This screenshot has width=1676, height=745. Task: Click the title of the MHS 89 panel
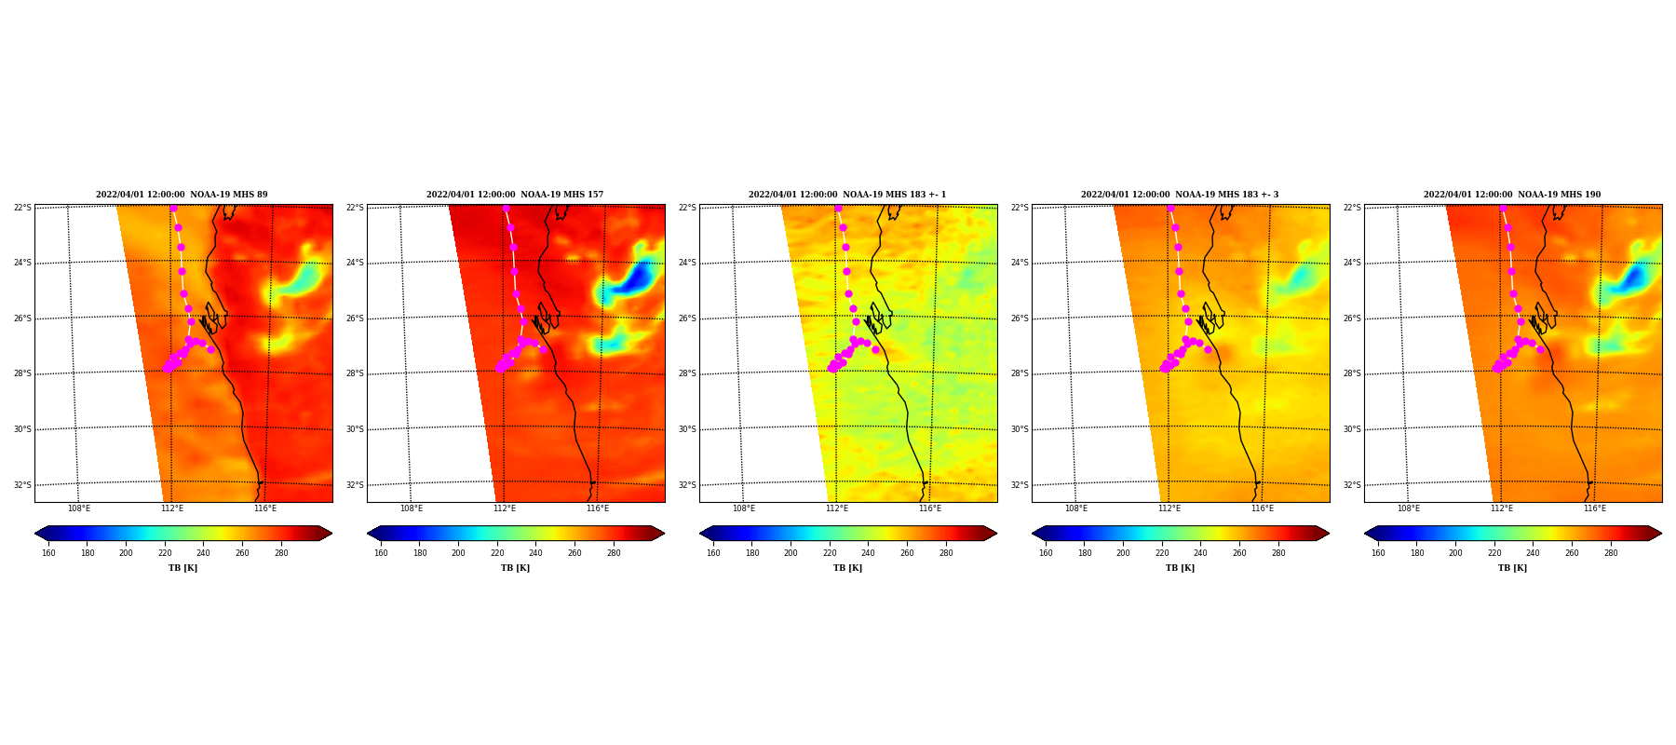tap(182, 195)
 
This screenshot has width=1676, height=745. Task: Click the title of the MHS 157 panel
tap(515, 195)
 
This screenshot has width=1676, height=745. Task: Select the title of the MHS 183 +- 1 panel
tap(847, 195)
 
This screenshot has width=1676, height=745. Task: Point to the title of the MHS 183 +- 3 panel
tap(1180, 195)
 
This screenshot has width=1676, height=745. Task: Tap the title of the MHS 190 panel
tap(1512, 195)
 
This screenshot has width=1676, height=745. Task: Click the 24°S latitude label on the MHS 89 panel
tap(22, 263)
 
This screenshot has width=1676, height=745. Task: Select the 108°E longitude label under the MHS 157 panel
tap(412, 508)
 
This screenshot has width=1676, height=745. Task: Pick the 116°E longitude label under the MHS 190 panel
tap(1595, 508)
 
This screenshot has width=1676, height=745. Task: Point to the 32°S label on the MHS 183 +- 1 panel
tap(687, 485)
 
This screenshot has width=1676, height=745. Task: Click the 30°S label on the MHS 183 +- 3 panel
tap(1020, 429)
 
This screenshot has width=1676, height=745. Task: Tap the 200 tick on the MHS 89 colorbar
tap(126, 553)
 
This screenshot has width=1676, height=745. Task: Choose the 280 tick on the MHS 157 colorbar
tap(614, 553)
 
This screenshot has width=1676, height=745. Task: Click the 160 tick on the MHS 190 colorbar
tap(1378, 553)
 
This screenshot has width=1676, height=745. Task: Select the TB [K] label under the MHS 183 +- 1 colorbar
tap(847, 568)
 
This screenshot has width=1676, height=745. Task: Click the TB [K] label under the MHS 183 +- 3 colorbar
tap(1180, 568)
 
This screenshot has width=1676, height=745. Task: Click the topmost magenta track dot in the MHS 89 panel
tap(173, 209)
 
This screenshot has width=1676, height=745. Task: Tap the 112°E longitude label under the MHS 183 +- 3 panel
tap(1169, 508)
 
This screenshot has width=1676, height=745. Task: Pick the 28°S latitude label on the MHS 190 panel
tap(1352, 373)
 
